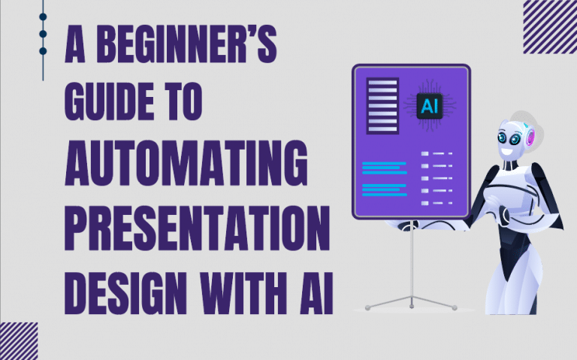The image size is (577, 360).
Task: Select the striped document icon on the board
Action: tap(382, 106)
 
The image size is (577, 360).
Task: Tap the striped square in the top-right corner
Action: tap(549, 26)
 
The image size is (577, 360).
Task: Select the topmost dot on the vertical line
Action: tap(43, 16)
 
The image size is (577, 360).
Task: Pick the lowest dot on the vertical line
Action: tap(43, 51)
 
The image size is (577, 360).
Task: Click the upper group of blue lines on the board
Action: tap(383, 166)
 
